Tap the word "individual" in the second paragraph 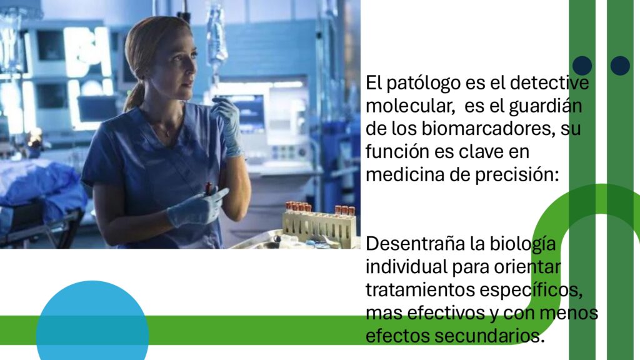[x=406, y=267]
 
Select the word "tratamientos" [x=420, y=290]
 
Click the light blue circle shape [x=92, y=321]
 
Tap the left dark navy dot [x=582, y=66]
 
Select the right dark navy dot [x=620, y=66]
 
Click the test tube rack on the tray [x=319, y=225]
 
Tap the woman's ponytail [x=134, y=96]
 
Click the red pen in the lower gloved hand [x=209, y=188]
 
